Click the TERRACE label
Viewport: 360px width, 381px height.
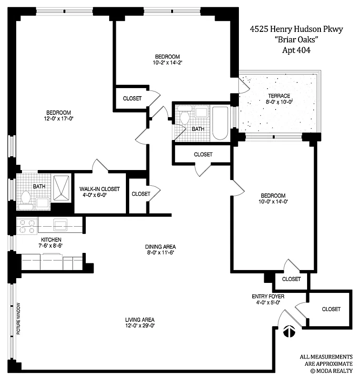279,96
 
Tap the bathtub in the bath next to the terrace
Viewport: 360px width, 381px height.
220,123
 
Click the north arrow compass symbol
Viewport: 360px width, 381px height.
289,331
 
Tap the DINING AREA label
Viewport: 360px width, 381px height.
161,247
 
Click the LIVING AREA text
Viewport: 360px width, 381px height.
140,320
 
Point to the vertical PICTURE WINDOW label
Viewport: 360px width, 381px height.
18,318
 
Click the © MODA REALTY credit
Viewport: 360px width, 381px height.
331,370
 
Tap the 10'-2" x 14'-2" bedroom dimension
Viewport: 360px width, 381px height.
168,62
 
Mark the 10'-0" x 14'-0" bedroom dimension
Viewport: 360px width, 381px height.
273,202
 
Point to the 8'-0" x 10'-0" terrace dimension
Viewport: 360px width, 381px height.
279,101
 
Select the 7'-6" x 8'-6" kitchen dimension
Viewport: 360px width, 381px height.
51,245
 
